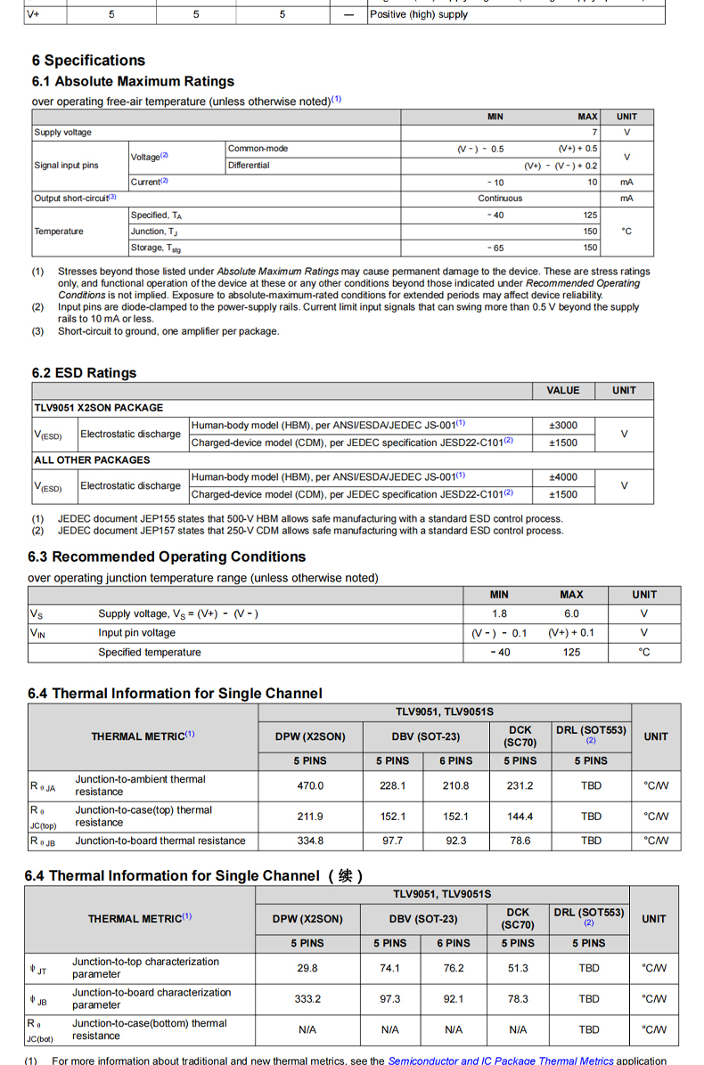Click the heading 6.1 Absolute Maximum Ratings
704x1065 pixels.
[133, 81]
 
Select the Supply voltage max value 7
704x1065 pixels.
[594, 133]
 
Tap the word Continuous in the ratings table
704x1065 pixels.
[500, 199]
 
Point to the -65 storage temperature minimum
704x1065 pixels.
[495, 248]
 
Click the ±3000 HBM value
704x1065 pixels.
[563, 426]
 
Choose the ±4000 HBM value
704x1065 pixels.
[563, 477]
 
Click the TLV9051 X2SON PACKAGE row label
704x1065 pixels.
[99, 408]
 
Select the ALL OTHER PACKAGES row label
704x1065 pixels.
[92, 460]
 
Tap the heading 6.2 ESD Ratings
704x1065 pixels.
[84, 373]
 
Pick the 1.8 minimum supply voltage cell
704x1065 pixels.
[499, 614]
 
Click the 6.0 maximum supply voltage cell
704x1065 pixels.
[571, 614]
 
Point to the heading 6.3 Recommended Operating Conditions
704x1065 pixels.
[167, 557]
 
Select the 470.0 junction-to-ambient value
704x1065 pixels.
[310, 786]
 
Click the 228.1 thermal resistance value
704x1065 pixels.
[392, 786]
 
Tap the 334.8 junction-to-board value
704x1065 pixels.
[310, 841]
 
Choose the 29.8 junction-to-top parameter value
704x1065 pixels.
[307, 968]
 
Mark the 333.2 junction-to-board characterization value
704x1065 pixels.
[307, 999]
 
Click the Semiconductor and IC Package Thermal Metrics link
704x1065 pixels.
[500, 1061]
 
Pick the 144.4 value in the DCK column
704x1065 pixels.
[520, 817]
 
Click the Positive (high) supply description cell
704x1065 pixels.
[419, 14]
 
